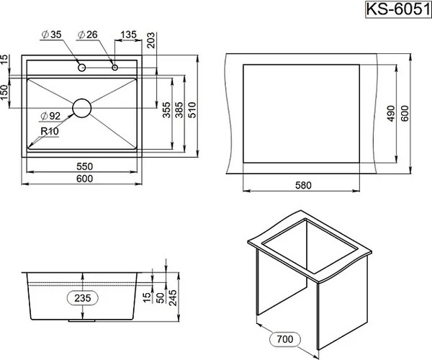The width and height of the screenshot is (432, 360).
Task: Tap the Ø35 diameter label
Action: (53, 34)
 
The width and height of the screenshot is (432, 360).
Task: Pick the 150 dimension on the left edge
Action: (6, 92)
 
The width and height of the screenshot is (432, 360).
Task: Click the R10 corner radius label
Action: (50, 131)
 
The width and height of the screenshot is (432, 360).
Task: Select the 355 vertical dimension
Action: (166, 110)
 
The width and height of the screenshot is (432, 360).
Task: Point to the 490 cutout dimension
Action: (391, 113)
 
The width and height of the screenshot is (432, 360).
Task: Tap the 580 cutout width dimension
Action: (302, 185)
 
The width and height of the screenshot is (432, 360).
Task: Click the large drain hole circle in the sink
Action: (81, 108)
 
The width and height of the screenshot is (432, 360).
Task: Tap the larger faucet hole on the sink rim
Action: (82, 68)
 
